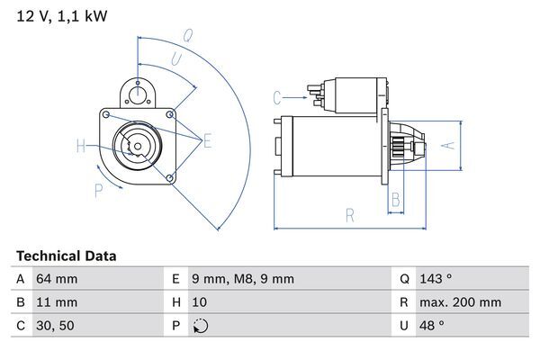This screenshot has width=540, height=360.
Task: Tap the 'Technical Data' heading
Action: [67, 256]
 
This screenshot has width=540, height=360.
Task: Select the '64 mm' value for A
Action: [56, 279]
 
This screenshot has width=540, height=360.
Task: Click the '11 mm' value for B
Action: [56, 302]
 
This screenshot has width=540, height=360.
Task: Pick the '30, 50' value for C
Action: [55, 326]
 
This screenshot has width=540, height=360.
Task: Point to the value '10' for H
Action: [201, 302]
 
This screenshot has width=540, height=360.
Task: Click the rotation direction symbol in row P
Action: [201, 326]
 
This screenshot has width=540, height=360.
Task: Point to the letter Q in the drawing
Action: [188, 36]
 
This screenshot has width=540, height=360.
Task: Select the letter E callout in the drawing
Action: [207, 140]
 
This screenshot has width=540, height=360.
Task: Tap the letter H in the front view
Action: [81, 146]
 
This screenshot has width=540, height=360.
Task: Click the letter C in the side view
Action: [277, 96]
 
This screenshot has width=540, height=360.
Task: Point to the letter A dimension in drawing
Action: [454, 144]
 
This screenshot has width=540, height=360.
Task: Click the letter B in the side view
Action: [395, 199]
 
